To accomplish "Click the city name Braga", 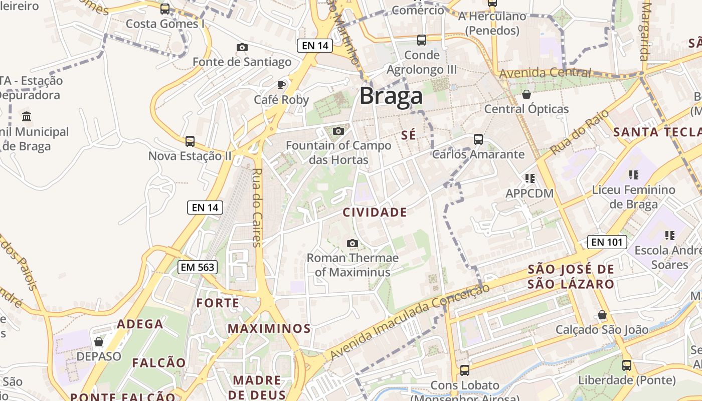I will click(391, 96).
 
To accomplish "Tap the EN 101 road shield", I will click(607, 242).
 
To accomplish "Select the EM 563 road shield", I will click(198, 267).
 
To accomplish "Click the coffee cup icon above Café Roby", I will click(281, 85).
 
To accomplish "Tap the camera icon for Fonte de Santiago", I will click(242, 47).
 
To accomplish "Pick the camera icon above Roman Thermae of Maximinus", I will click(353, 243).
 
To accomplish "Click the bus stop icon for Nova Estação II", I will click(190, 141).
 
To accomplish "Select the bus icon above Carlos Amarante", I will click(478, 139).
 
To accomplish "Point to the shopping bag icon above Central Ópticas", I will click(526, 94).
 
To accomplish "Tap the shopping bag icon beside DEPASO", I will click(99, 342).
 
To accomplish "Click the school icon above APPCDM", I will click(530, 178).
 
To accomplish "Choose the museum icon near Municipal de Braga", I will click(27, 117).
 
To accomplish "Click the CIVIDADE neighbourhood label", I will click(375, 212).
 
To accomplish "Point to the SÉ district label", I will click(409, 135).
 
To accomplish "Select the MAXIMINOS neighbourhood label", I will click(269, 329).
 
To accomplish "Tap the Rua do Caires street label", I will click(257, 208).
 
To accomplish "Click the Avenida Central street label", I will click(545, 73).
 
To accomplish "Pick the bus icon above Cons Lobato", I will click(465, 370).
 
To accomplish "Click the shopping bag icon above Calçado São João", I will click(602, 315).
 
